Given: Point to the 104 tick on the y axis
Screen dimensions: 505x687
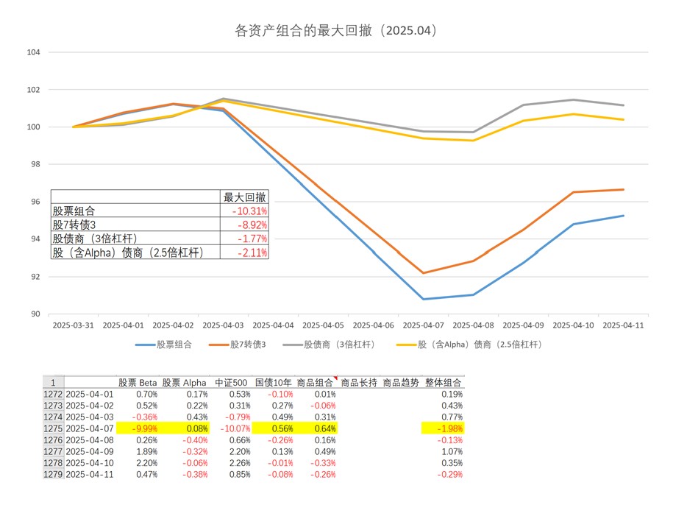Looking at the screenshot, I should click(x=33, y=52).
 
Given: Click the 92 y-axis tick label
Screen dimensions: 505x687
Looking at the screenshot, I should click(x=35, y=277).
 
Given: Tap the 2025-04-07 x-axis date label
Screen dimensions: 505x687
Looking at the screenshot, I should click(x=423, y=325).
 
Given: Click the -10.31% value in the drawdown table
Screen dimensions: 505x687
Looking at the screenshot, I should click(x=249, y=211).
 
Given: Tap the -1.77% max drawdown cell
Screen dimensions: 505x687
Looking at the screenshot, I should click(x=252, y=239).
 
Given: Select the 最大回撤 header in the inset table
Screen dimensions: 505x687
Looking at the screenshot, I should click(x=246, y=197).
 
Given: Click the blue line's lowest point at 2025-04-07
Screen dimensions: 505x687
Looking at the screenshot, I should click(x=424, y=299).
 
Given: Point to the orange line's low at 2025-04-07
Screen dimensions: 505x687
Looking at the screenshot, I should click(x=424, y=273).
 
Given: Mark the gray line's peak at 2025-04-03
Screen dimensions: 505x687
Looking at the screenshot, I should click(x=223, y=99).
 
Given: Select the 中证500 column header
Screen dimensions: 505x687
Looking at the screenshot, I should click(x=229, y=383).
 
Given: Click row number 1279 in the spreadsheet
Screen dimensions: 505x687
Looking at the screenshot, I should click(x=53, y=474).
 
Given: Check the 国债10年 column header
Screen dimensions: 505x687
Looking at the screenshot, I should click(x=273, y=383).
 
